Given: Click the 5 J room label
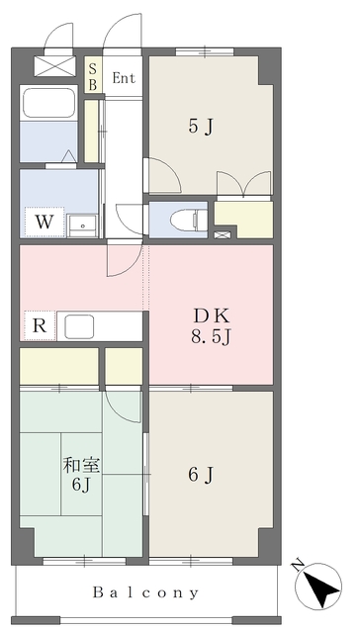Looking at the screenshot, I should coord(201,126).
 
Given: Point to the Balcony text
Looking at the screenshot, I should coord(146,593).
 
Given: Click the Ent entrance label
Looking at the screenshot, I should coord(125,78).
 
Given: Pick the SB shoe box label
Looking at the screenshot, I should coord(93,77).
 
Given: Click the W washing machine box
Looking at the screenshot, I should coord(45,221).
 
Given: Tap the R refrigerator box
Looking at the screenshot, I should coord(38,324).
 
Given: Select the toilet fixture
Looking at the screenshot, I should coord(184,220).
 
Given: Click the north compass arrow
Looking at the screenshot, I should coord(320,588).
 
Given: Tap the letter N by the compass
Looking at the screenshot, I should coord(299,565).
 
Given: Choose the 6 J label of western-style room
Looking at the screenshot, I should coord(201,476).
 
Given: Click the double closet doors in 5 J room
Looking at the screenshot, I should coord(243,185).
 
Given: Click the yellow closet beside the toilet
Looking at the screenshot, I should coord(243,217).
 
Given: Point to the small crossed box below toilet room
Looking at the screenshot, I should coord(222,235).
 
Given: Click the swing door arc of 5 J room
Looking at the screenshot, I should coord(164,175).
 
